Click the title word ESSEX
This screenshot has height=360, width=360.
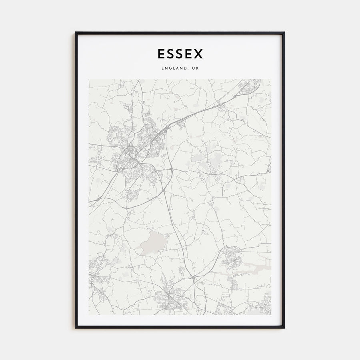click(180, 54)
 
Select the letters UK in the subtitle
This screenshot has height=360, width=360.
click(195, 68)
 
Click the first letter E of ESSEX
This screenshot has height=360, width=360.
click(161, 54)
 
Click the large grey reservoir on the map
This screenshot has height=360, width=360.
click(151, 241)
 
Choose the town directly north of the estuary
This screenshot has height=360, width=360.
click(232, 256)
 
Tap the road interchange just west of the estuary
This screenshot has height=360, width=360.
click(193, 276)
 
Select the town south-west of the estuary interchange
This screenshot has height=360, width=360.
click(170, 298)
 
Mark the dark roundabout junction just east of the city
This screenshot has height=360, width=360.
click(171, 170)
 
